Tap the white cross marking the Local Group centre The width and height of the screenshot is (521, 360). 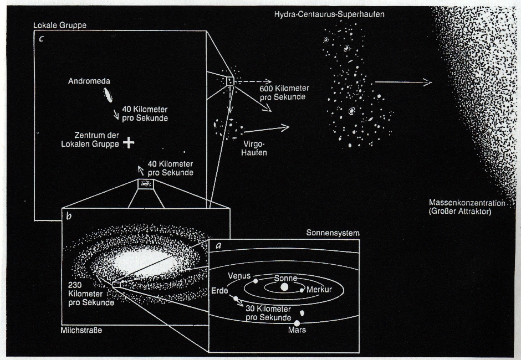[x=129, y=142]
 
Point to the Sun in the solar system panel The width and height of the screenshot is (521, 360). [x=284, y=287]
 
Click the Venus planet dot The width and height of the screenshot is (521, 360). [x=256, y=281]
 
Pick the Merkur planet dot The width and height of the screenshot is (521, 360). [x=302, y=290]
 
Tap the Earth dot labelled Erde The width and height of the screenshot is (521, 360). [x=236, y=299]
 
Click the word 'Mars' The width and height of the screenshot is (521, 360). [x=297, y=330]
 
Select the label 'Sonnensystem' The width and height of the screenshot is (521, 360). [x=333, y=233]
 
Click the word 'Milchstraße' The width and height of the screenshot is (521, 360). [x=82, y=331]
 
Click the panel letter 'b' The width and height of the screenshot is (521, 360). [x=69, y=216]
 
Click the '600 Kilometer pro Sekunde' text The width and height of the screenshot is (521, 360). [x=284, y=93]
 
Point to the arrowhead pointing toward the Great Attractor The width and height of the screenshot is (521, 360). [x=428, y=83]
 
